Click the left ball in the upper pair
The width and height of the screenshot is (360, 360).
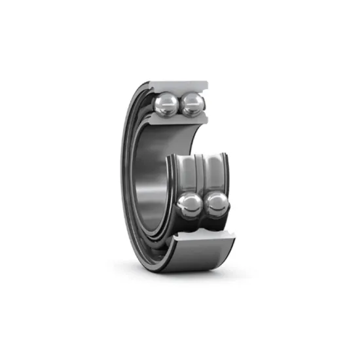[168, 102]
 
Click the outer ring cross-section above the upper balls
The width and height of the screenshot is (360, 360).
[177, 85]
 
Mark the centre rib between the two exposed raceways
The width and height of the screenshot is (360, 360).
[201, 171]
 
